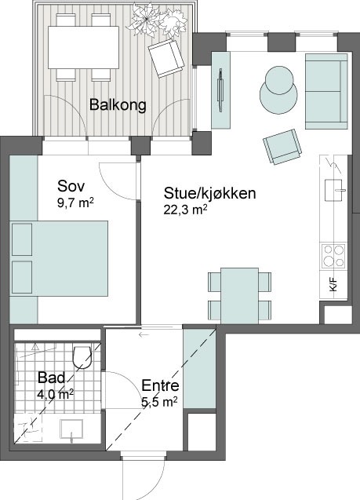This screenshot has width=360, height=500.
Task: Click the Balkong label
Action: [x=118, y=105]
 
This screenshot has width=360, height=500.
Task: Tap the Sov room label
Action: [x=71, y=186]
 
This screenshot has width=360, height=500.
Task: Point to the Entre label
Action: [x=160, y=385]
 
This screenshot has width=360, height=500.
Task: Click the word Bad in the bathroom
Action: [x=51, y=378]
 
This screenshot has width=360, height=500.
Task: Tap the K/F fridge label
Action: [x=333, y=284]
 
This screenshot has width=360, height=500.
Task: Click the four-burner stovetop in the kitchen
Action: [x=333, y=257]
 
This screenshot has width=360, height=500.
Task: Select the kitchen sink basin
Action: [x=333, y=190]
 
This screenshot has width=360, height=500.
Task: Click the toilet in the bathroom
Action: [x=82, y=357]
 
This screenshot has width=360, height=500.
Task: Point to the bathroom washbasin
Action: [x=71, y=429]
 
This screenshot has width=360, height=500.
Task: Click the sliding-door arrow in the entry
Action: [x=144, y=335]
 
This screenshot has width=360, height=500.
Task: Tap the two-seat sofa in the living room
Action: [x=326, y=91]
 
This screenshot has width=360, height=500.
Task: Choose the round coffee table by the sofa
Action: [x=278, y=90]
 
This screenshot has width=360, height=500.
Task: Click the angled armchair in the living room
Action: [x=282, y=146]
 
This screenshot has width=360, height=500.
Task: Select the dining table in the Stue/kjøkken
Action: [x=239, y=296]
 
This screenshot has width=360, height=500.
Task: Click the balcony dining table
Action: [x=83, y=47]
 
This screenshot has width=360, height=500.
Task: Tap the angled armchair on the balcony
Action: [x=166, y=58]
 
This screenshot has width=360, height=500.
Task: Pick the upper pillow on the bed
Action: [x=22, y=239]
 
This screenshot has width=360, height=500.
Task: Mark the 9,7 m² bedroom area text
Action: [x=75, y=203]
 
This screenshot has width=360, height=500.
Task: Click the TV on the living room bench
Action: [x=220, y=90]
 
